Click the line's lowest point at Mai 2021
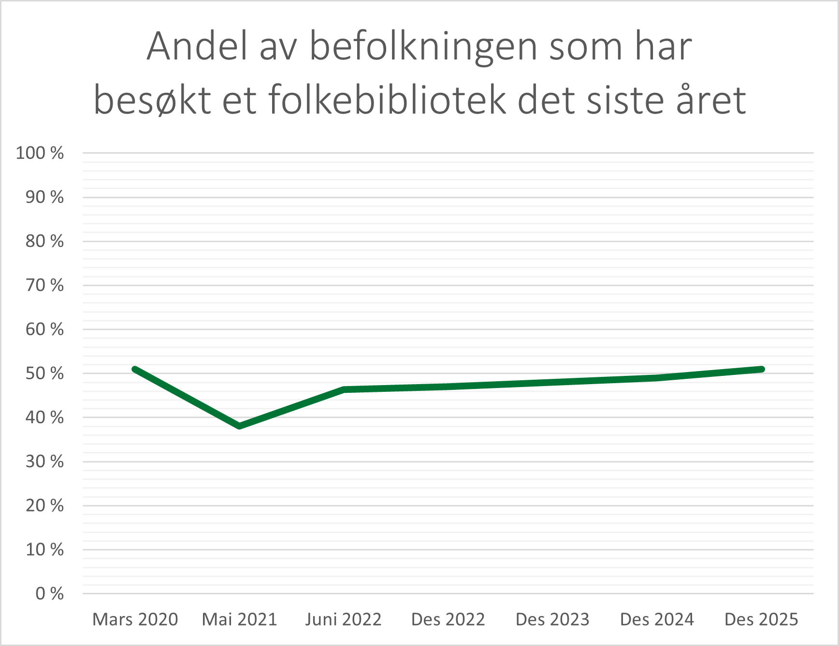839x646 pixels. (239, 426)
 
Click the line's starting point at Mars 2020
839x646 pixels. (135, 369)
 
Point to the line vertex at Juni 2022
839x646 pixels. (344, 389)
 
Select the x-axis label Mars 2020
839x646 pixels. (135, 619)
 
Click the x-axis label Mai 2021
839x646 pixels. (239, 619)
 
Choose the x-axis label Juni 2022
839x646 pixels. (344, 619)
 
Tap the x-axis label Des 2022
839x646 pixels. (448, 619)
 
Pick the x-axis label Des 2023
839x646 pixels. (552, 619)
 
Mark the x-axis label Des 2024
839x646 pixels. (657, 619)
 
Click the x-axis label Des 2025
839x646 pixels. (761, 619)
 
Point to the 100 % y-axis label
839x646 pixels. (40, 153)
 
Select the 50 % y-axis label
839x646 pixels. (44, 373)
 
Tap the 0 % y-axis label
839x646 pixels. (49, 594)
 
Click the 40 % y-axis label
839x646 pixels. (44, 417)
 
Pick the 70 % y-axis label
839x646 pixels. (44, 286)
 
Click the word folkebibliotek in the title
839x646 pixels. (387, 100)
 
